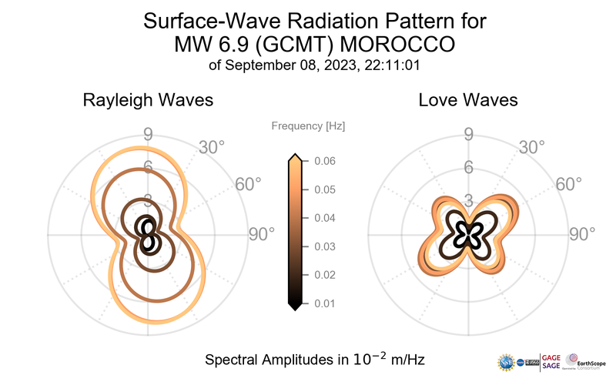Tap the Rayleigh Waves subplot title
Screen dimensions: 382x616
click(x=148, y=100)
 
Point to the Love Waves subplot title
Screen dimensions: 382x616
click(x=467, y=100)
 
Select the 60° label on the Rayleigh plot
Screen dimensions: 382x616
click(x=248, y=185)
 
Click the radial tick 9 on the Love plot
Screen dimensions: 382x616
click(x=468, y=136)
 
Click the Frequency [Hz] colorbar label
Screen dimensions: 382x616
click(x=309, y=126)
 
